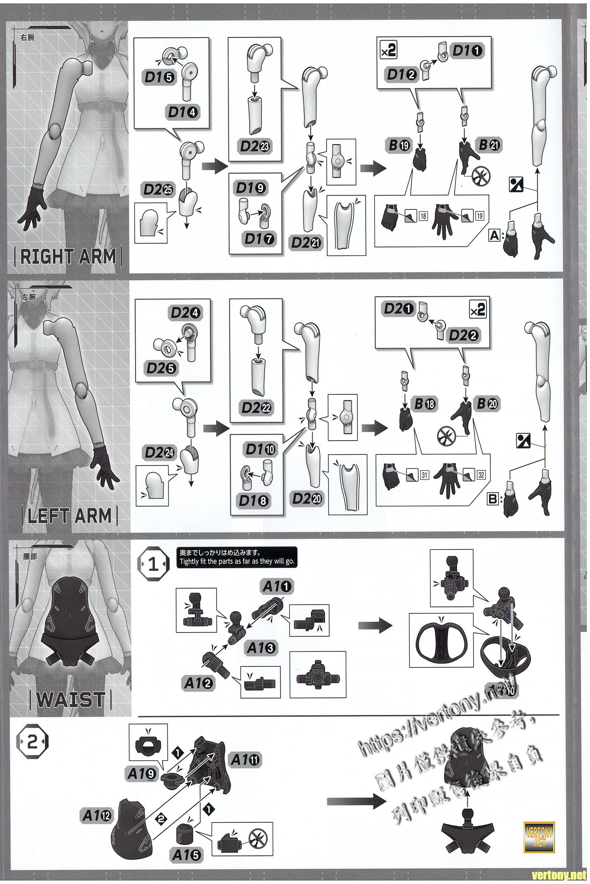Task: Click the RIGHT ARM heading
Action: [x=68, y=257]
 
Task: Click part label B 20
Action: [x=488, y=404]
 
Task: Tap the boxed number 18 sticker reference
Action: [x=424, y=216]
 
